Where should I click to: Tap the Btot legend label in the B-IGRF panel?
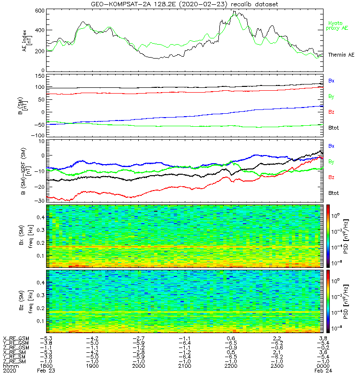pos(333,192)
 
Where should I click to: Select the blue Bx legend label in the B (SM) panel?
pos(331,81)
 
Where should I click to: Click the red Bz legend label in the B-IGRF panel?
pos(331,178)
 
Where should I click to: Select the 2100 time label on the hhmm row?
pos(185,366)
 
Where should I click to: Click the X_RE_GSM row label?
pos(16,338)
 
